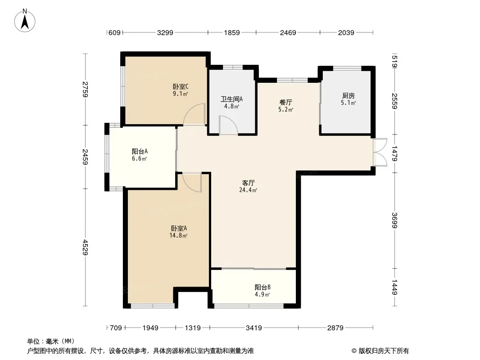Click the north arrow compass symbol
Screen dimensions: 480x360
pos(25,21)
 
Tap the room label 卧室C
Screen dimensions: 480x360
pos(181,86)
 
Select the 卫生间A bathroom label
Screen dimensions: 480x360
pos(232,99)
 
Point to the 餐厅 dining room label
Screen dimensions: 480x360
pos(285,102)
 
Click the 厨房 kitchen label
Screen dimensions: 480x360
pos(349,96)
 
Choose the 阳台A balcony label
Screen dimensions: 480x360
pos(140,151)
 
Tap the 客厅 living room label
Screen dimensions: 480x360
pos(248,183)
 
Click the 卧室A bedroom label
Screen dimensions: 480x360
pos(179,228)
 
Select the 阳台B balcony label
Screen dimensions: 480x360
pos(263,287)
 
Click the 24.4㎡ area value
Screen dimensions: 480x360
pos(248,190)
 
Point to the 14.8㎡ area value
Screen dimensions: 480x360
pos(178,235)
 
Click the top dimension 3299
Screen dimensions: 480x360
pos(165,32)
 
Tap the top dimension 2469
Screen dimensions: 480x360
pos(288,32)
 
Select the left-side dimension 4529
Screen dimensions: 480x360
pos(85,247)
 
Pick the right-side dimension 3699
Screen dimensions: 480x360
pos(394,220)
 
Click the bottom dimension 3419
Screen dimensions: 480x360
pos(254,328)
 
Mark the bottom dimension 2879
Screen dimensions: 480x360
pos(335,328)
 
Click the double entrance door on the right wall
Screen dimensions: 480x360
pos(380,152)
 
